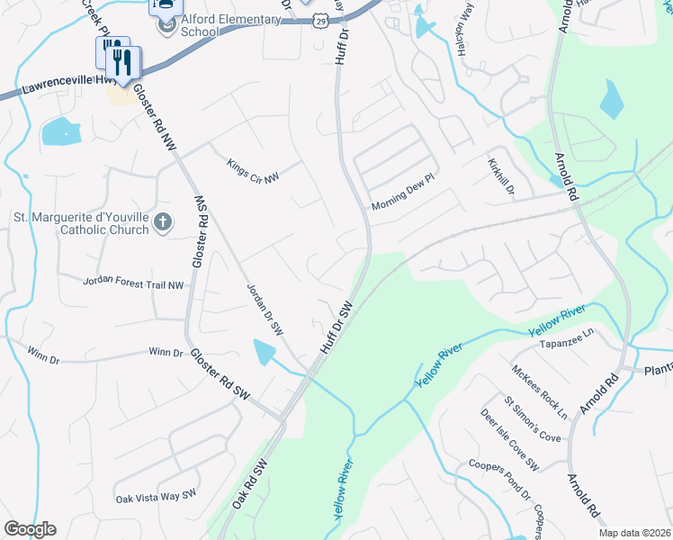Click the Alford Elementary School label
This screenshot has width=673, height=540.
pos(219,24)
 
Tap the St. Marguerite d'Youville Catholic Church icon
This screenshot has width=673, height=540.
pos(163,221)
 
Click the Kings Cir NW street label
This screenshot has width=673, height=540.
pos(253,167)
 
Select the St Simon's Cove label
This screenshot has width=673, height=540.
pos(533,420)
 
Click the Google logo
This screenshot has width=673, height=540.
pos(30,529)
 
